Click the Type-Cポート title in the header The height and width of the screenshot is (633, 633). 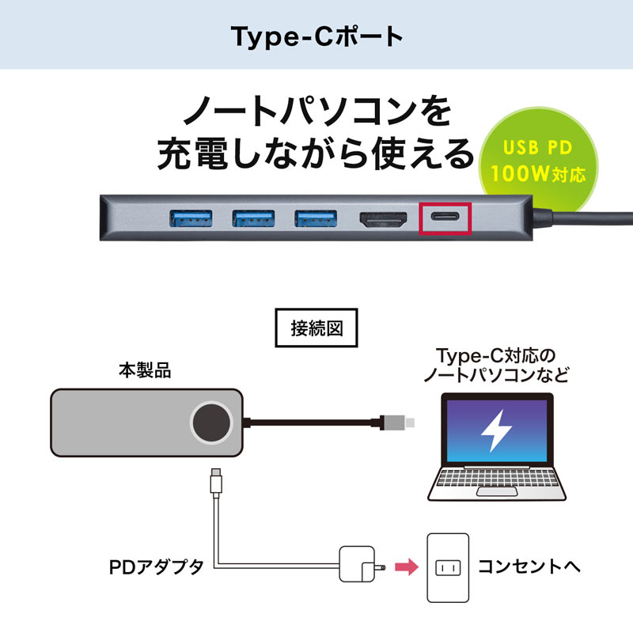click(316, 36)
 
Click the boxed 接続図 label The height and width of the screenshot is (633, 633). click(316, 328)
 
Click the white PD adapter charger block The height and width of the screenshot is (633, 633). click(354, 565)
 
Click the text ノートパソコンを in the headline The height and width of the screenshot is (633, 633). click(316, 112)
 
